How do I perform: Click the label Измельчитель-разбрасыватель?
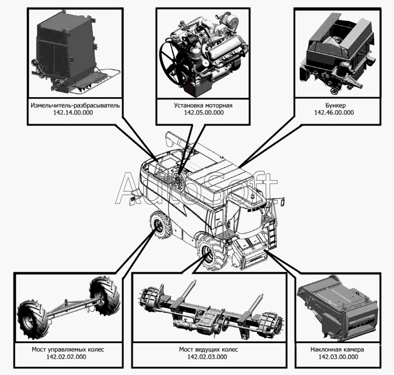pyautogui.click(x=75, y=105)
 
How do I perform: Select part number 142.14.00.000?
pyautogui.click(x=75, y=112)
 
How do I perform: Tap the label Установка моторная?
pyautogui.click(x=203, y=105)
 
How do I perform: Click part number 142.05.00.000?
pyautogui.click(x=203, y=112)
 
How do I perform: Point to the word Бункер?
pyautogui.click(x=333, y=105)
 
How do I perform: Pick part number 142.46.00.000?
pyautogui.click(x=333, y=112)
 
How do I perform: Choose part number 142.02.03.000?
pyautogui.click(x=207, y=357)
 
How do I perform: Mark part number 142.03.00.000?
pyautogui.click(x=337, y=357)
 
